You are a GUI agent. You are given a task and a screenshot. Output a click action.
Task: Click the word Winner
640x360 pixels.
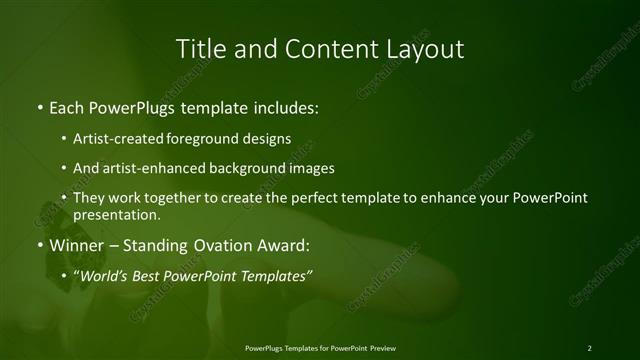click(77, 245)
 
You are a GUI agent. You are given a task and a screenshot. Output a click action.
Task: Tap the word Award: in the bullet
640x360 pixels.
click(284, 245)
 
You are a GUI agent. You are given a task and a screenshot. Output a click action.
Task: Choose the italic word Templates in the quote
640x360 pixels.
click(279, 275)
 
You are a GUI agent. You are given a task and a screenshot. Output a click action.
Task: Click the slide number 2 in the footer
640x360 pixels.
click(590, 348)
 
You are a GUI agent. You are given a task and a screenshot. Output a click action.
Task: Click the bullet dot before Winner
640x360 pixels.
click(39, 246)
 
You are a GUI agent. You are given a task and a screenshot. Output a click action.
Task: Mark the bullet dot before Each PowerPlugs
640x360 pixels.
click(39, 107)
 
